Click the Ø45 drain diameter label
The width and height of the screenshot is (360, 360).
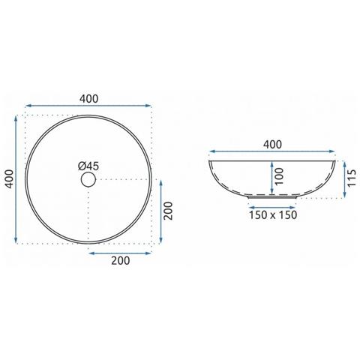click(x=88, y=166)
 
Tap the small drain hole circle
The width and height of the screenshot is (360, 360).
click(x=88, y=179)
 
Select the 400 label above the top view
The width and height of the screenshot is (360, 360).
click(x=89, y=99)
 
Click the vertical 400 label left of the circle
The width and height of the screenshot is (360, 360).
click(x=10, y=178)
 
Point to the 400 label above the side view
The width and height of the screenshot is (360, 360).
click(x=272, y=145)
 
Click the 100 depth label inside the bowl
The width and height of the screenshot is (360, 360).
click(x=279, y=176)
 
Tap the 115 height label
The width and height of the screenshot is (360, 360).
click(x=352, y=178)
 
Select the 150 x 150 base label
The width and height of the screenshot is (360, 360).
click(x=273, y=215)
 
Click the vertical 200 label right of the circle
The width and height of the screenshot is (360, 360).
click(x=168, y=211)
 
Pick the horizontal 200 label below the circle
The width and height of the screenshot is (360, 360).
click(x=121, y=260)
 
